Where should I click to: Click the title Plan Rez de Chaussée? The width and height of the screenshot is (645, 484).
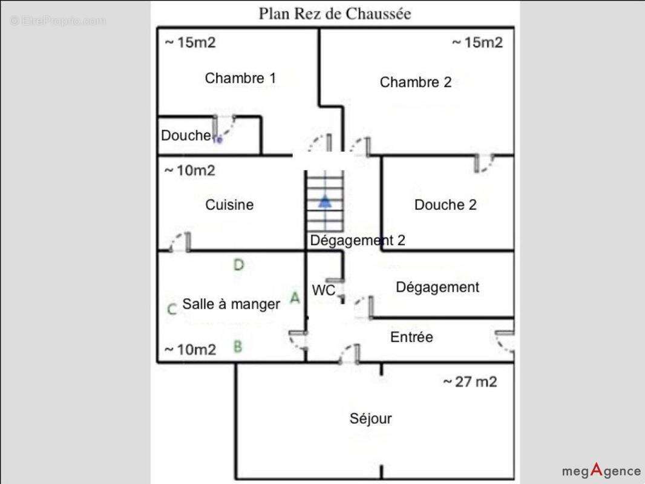pyautogui.click(x=335, y=13)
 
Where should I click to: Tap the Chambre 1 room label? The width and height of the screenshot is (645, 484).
pyautogui.click(x=240, y=78)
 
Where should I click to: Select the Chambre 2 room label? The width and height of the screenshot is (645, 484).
pyautogui.click(x=415, y=82)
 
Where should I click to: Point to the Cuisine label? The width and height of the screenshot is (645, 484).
pyautogui.click(x=229, y=204)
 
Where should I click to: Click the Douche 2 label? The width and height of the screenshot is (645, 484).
pyautogui.click(x=445, y=204)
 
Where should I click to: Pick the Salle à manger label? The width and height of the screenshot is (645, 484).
pyautogui.click(x=231, y=304)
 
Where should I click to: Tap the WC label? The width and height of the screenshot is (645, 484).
pyautogui.click(x=323, y=290)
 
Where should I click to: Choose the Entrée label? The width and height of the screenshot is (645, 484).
pyautogui.click(x=411, y=337)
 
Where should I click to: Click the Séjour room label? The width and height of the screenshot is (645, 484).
pyautogui.click(x=370, y=418)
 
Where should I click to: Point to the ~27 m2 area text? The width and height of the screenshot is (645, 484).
pyautogui.click(x=470, y=382)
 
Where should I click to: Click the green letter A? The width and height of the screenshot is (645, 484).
pyautogui.click(x=295, y=298)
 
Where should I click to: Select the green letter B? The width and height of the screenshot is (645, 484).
pyautogui.click(x=238, y=347)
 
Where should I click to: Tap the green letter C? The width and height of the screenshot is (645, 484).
pyautogui.click(x=171, y=309)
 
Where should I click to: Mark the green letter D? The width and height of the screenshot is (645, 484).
pyautogui.click(x=238, y=264)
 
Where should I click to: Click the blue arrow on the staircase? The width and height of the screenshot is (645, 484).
pyautogui.click(x=325, y=201)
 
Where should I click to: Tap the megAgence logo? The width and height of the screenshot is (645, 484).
pyautogui.click(x=601, y=470)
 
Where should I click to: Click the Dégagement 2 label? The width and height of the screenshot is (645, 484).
pyautogui.click(x=357, y=240)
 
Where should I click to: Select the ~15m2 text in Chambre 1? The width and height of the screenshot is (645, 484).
pyautogui.click(x=190, y=42)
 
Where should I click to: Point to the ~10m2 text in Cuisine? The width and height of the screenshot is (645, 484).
pyautogui.click(x=189, y=171)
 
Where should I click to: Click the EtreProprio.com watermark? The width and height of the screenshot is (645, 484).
pyautogui.click(x=57, y=21)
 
